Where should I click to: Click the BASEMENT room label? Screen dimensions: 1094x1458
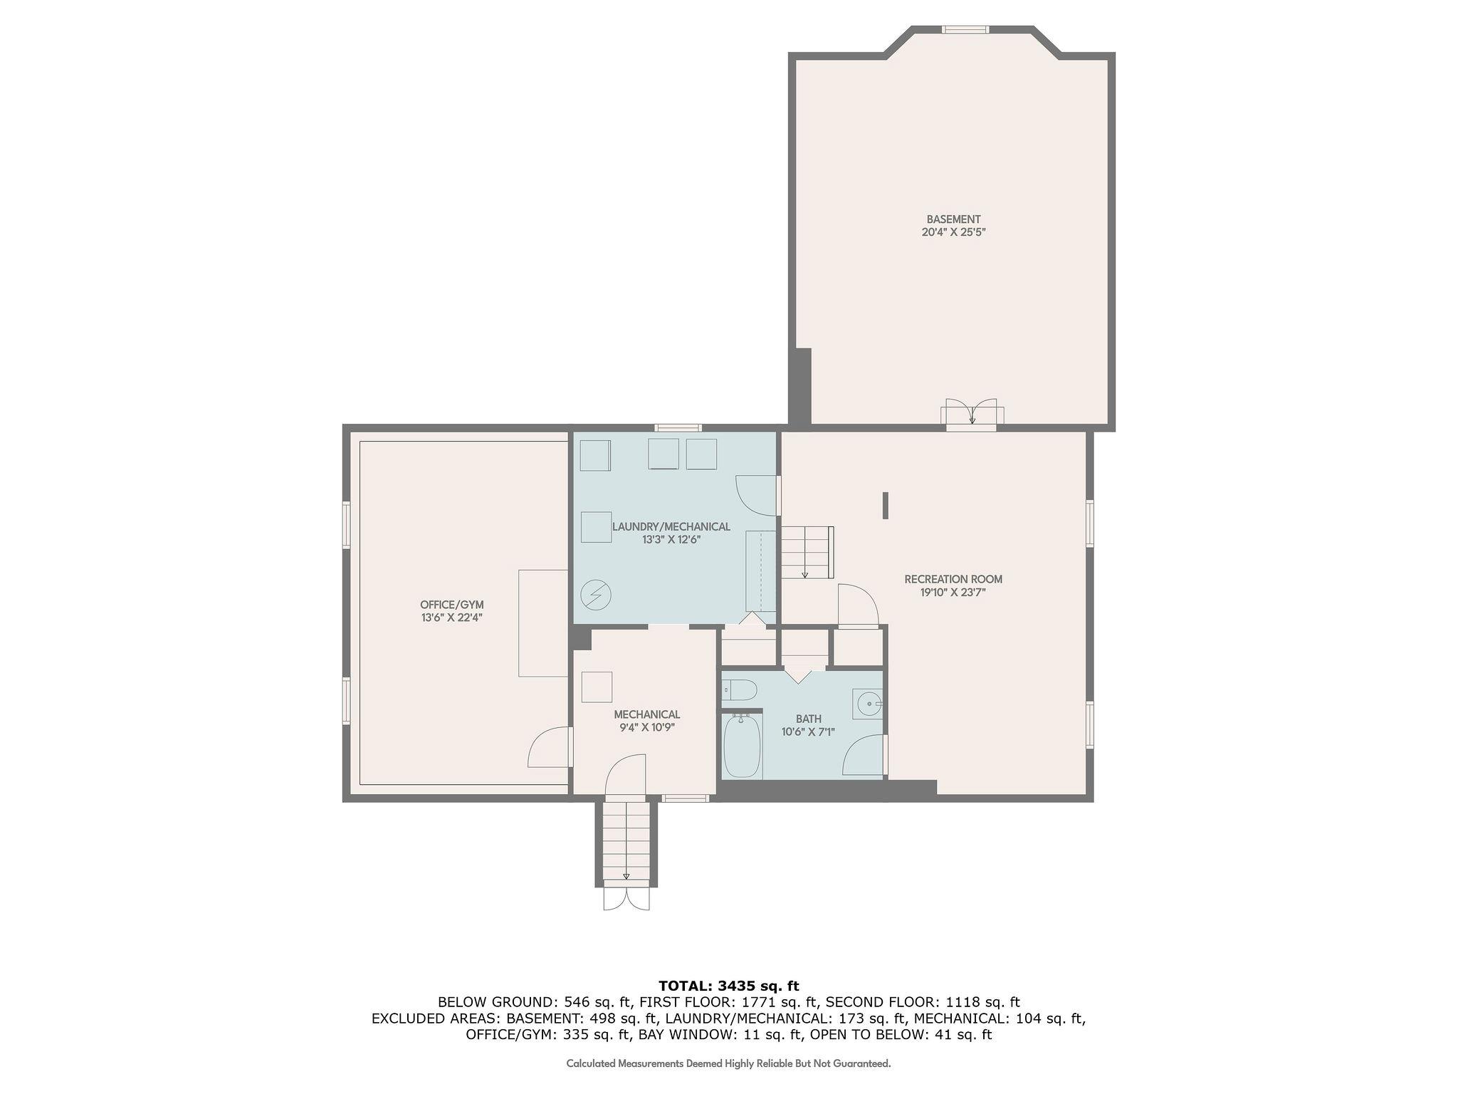[x=953, y=219]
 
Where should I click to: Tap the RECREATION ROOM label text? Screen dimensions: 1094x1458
[x=953, y=579]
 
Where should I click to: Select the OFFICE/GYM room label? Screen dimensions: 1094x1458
[x=451, y=605]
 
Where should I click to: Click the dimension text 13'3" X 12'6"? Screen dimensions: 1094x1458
[x=671, y=540]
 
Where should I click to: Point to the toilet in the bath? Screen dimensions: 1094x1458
[x=738, y=689]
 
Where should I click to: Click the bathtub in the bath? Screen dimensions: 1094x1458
[x=741, y=746]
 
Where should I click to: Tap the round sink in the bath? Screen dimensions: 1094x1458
[x=868, y=704]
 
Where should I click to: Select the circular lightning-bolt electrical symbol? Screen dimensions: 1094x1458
[x=595, y=595]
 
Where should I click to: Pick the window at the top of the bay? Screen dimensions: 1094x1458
[x=965, y=30]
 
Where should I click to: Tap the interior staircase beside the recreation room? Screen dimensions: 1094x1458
[x=807, y=552]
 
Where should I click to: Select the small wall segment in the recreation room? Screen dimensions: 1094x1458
[x=885, y=505]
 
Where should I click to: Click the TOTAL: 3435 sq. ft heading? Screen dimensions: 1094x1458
[x=728, y=986]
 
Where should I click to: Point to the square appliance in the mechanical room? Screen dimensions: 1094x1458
[x=597, y=687]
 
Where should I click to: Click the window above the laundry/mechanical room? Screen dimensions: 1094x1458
[x=678, y=428]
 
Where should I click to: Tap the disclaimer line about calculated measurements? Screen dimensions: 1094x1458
[x=728, y=1063]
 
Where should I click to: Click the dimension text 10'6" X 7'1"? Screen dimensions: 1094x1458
[x=807, y=731]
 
